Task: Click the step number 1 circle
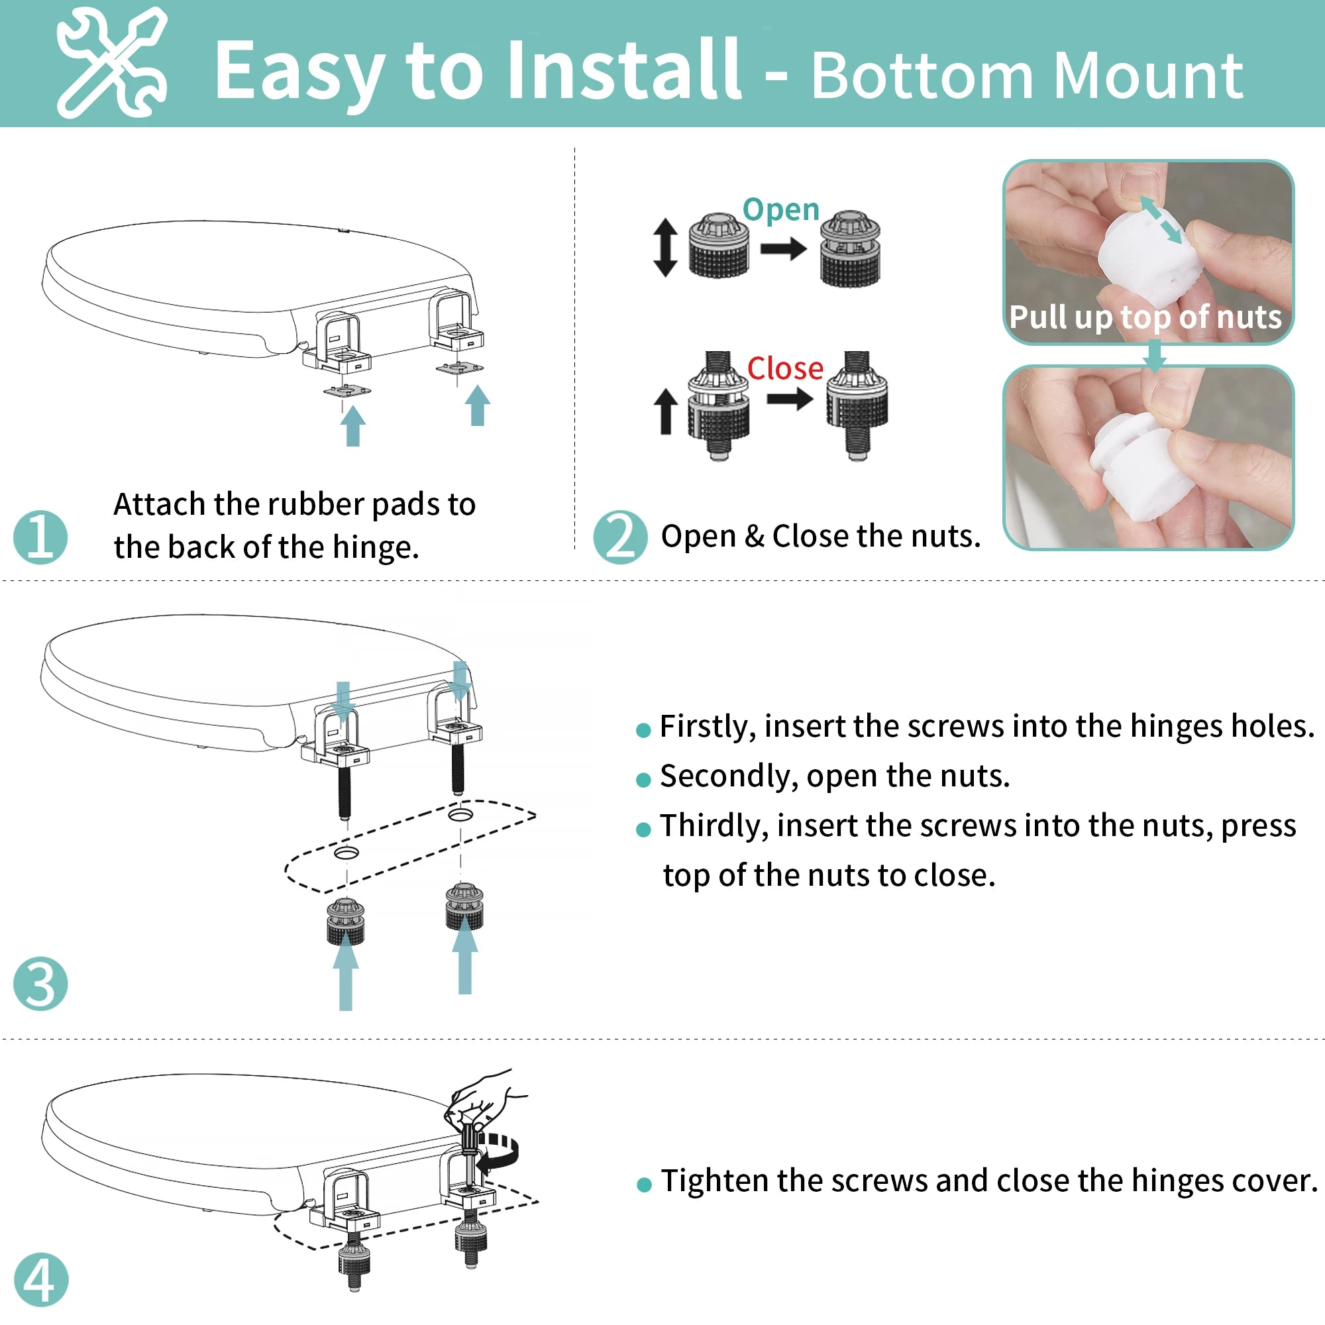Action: click(x=40, y=538)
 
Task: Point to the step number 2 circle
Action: click(x=620, y=538)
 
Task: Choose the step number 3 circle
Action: click(x=40, y=983)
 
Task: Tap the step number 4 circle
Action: click(x=41, y=1280)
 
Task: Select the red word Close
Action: click(x=785, y=368)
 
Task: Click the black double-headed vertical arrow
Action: click(x=664, y=248)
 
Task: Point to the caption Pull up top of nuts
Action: click(x=1145, y=317)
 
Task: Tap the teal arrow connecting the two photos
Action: click(x=1155, y=355)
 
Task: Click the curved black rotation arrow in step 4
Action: click(x=499, y=1151)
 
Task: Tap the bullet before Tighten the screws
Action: click(x=644, y=1185)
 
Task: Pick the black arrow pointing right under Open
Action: click(x=784, y=248)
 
